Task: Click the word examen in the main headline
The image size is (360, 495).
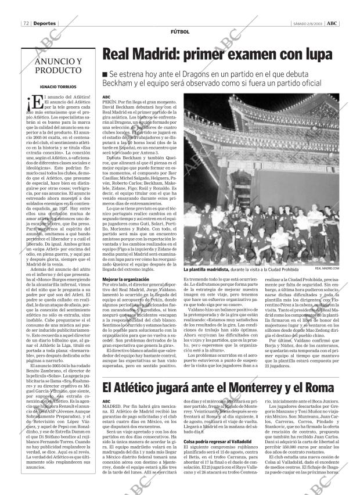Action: coord(247,55)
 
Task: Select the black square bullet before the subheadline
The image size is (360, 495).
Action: coord(105,74)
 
